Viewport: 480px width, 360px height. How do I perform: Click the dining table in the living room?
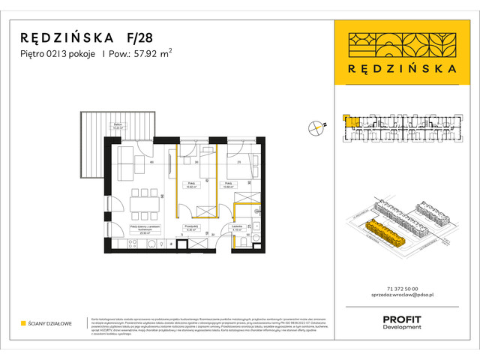click(139, 201)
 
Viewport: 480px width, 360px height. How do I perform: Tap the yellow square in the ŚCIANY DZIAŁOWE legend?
click(24, 323)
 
